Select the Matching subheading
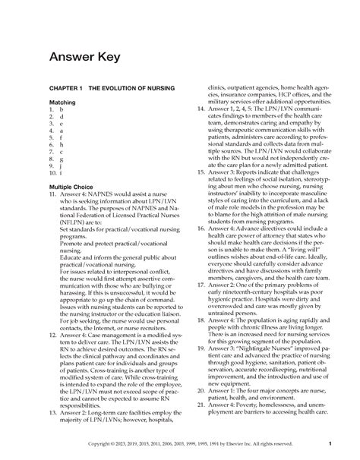tap(65, 102)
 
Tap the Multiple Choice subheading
tap(75, 186)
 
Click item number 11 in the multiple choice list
tap(52, 194)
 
